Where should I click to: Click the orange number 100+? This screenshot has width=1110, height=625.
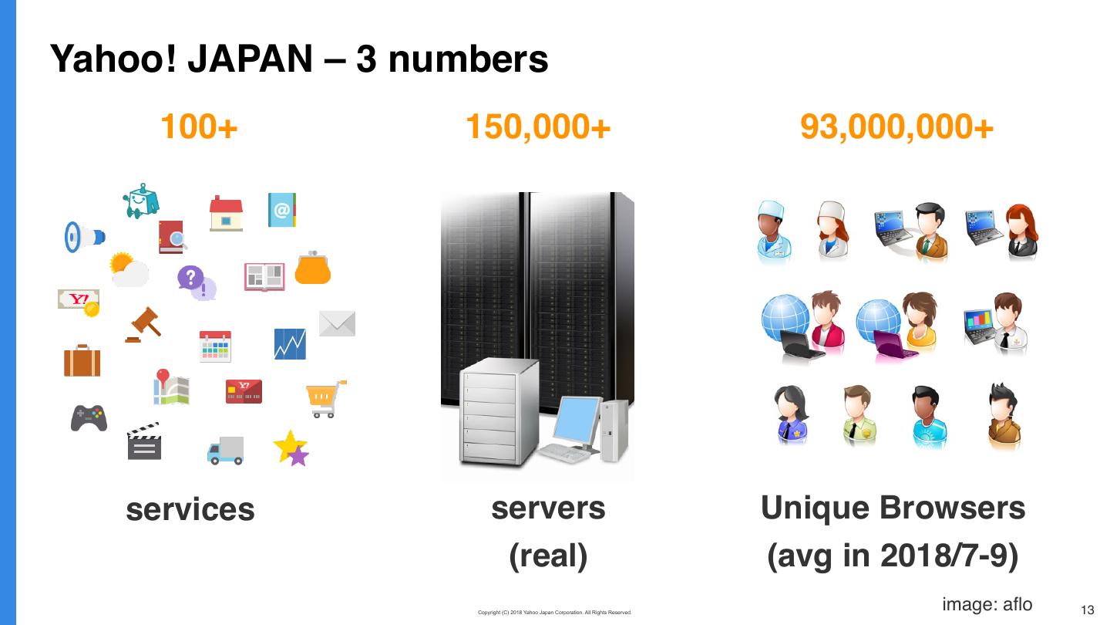click(199, 127)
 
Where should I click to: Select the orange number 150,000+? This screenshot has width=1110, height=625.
click(538, 127)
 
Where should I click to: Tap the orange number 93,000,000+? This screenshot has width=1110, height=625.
click(896, 127)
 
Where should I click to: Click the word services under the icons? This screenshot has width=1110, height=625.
click(190, 509)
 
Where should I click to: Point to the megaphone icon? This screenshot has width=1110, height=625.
click(84, 237)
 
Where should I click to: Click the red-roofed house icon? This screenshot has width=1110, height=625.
click(226, 213)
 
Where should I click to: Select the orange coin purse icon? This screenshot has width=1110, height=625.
click(313, 267)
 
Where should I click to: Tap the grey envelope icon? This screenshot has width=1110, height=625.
click(337, 323)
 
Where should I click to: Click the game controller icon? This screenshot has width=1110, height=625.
click(89, 418)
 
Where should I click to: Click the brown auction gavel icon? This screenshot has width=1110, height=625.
click(143, 324)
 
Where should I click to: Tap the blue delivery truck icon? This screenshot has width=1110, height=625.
click(226, 451)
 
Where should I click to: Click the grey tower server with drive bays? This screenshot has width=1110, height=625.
click(489, 413)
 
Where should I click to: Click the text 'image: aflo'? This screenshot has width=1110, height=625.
click(987, 604)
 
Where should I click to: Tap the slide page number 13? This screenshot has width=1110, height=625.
click(1088, 610)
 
